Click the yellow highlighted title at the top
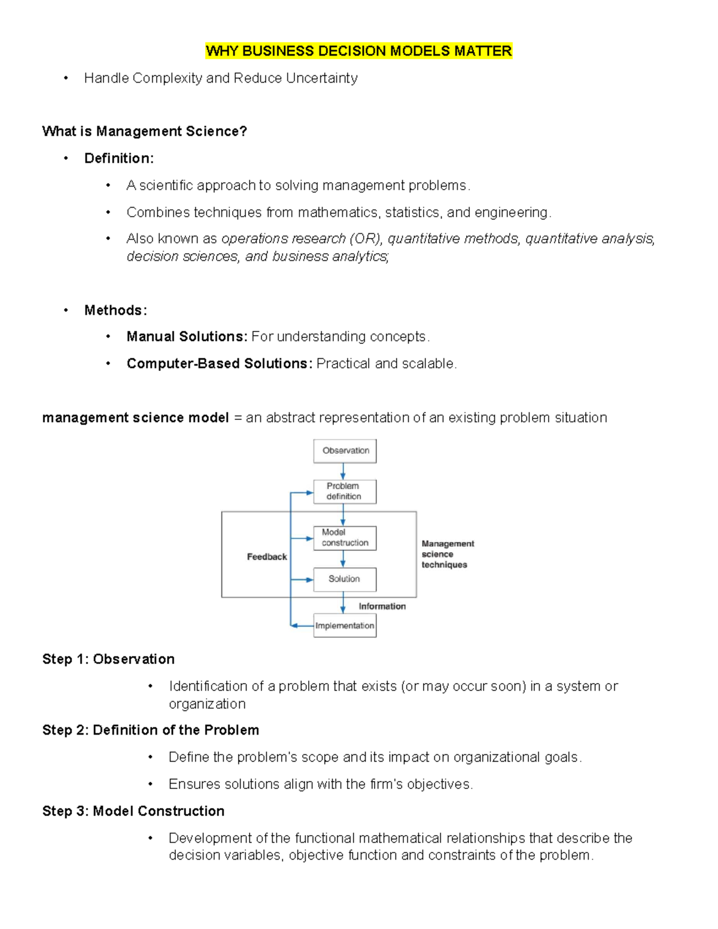coord(358,51)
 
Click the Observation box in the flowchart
coord(345,451)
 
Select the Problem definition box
coord(345,492)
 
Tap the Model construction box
coord(345,538)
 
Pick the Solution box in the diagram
coord(345,579)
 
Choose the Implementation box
coord(345,626)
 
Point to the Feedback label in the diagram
coord(267,557)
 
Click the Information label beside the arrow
coord(382,607)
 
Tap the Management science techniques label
coord(447,554)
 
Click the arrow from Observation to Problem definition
coord(343,471)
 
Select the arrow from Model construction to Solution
coord(343,559)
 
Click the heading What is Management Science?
coord(144,132)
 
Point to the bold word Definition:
coord(119,159)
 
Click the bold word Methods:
coord(115,310)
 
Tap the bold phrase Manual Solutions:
coord(187,337)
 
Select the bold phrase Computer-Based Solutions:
coord(219,364)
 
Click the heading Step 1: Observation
coord(108,659)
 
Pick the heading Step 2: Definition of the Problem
coord(151,730)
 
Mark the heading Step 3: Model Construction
coord(133,811)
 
